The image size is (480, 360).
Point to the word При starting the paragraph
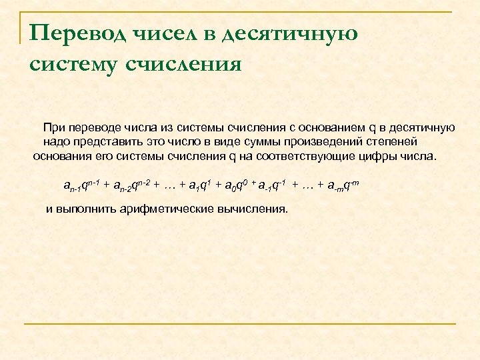coord(54,127)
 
